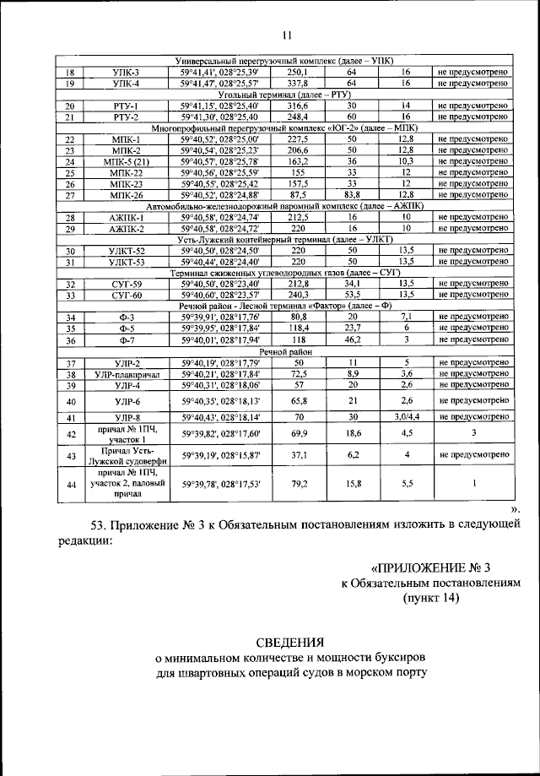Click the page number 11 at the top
[285, 35]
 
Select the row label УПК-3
[126, 73]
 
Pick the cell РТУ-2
[126, 117]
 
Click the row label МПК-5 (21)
[126, 160]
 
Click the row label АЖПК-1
[126, 217]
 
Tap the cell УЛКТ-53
[126, 263]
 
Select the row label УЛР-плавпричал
[126, 374]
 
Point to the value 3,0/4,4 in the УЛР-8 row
[405, 417]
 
